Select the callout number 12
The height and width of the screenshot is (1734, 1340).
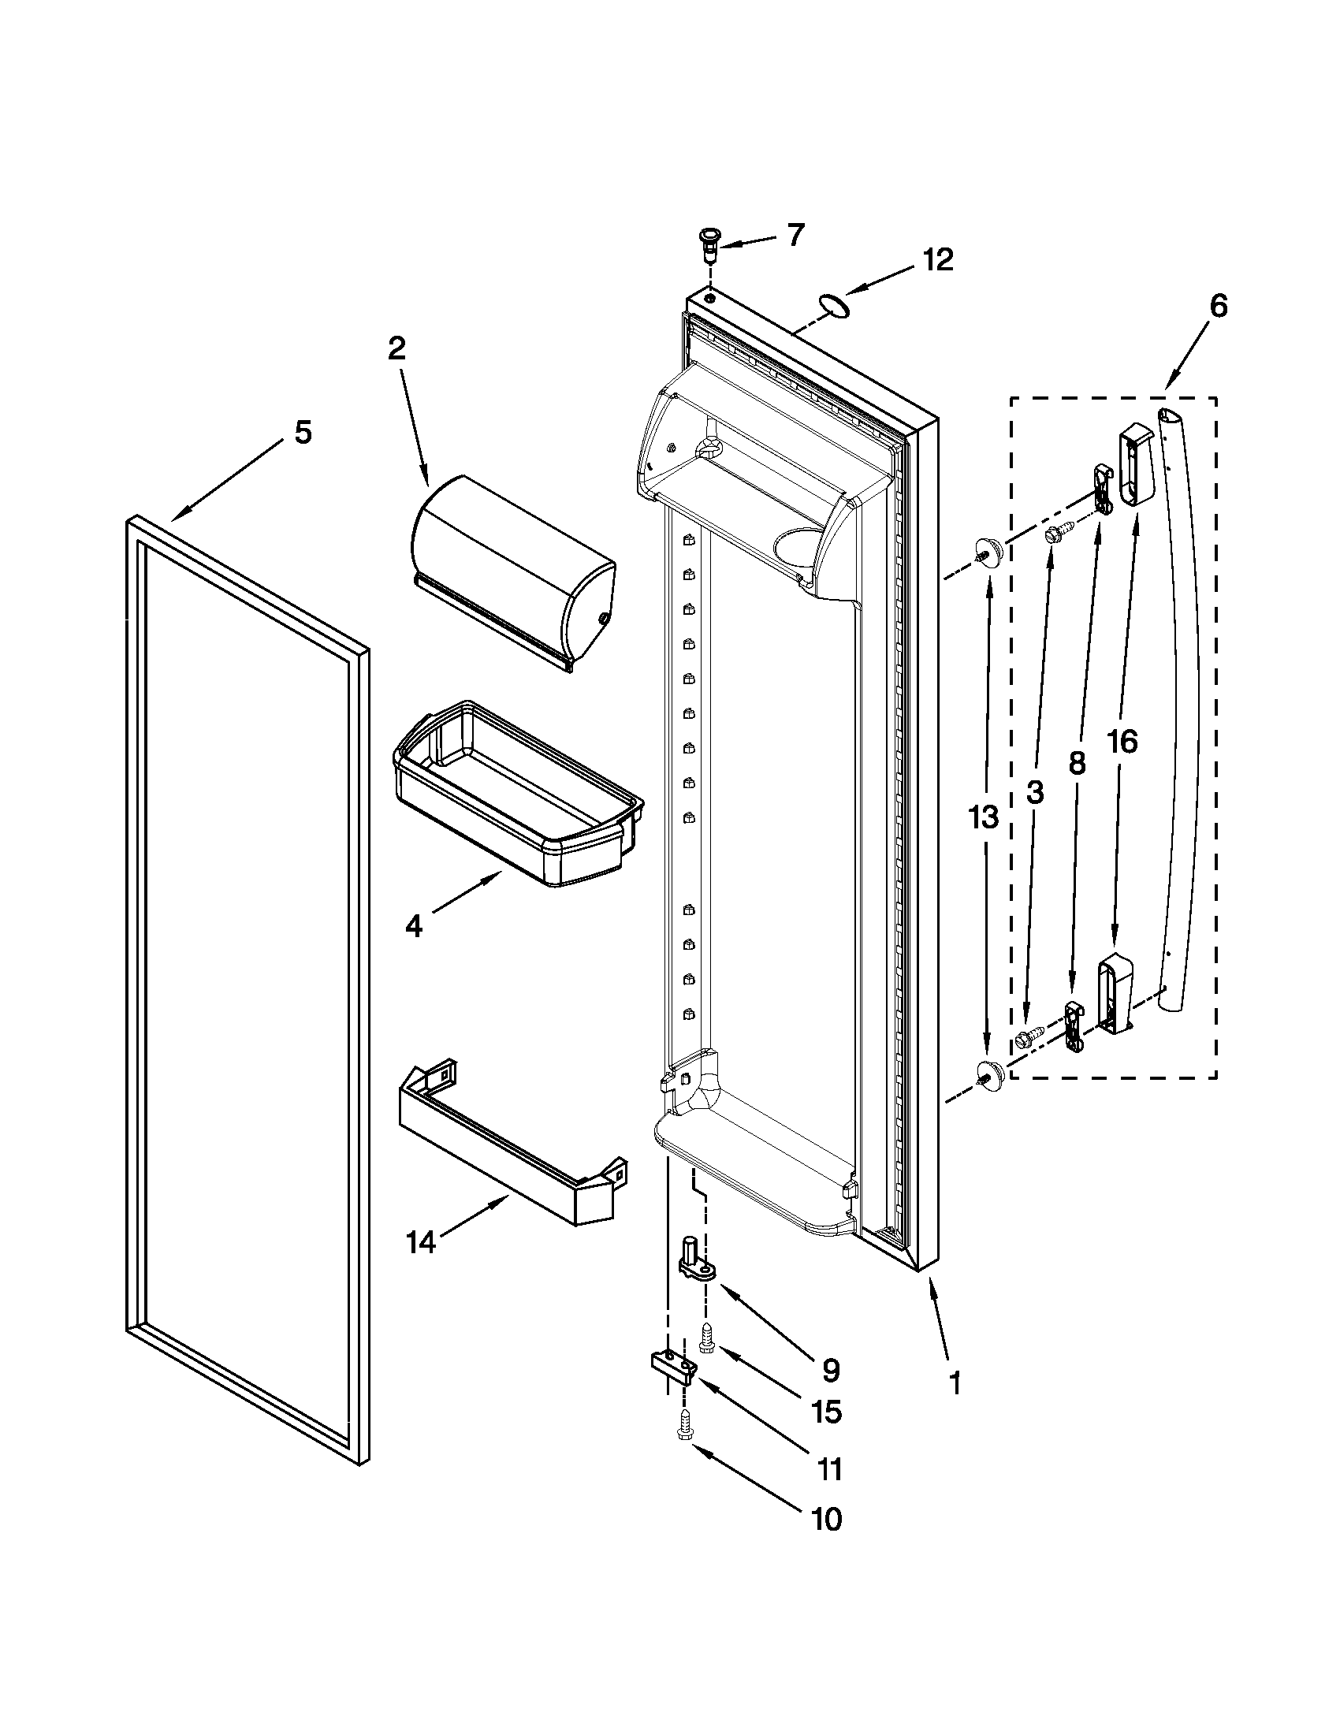(938, 260)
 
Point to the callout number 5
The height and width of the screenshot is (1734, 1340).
(303, 433)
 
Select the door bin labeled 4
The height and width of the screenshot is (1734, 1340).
(516, 794)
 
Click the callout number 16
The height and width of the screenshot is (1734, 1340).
(1122, 742)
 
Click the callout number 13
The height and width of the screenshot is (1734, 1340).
(983, 817)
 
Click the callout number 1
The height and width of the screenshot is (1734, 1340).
(956, 1384)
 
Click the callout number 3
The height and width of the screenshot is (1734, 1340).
(1035, 791)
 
